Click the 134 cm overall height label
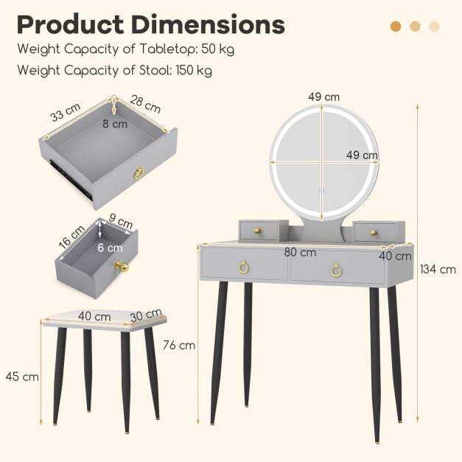click(x=438, y=269)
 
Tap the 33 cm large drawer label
click(x=66, y=112)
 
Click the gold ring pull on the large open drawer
click(x=138, y=174)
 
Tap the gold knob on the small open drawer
click(x=121, y=266)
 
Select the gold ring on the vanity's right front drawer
click(x=336, y=270)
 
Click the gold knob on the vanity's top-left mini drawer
click(x=257, y=232)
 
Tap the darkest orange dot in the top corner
click(x=396, y=27)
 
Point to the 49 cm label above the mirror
click(x=323, y=97)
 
